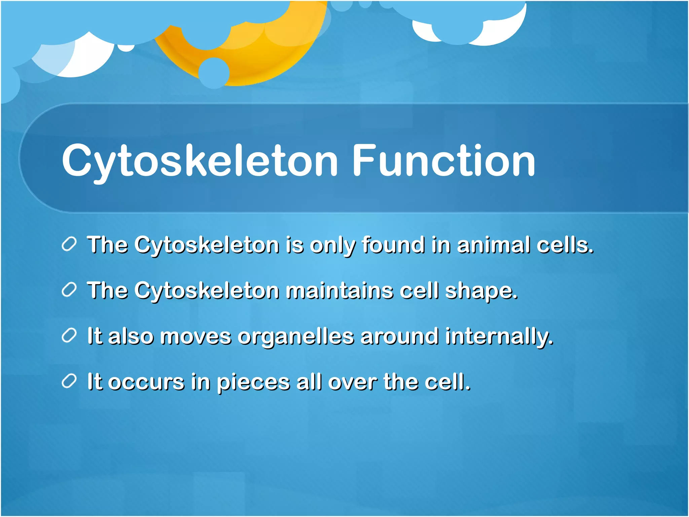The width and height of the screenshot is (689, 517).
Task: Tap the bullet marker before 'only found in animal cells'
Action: point(70,244)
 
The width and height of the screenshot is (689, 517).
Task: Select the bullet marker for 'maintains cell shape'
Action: point(70,290)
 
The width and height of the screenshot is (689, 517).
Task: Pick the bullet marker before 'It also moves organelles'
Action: point(70,336)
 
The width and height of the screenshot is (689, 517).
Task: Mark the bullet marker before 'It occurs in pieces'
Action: point(70,381)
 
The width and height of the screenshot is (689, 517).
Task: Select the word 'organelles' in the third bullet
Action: point(296,337)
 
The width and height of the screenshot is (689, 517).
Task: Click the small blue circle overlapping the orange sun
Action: point(214,73)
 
